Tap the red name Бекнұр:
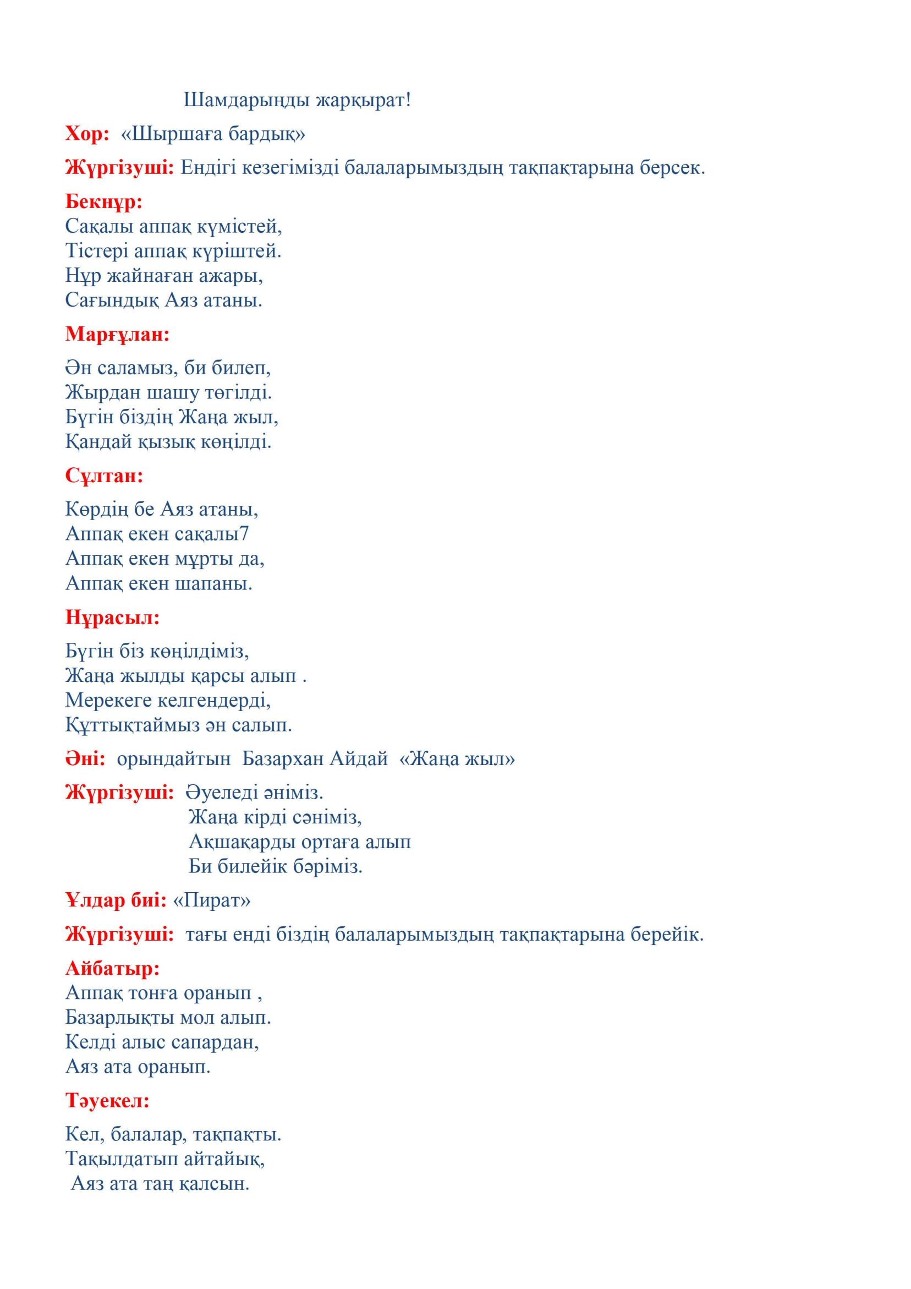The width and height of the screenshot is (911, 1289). pyautogui.click(x=104, y=201)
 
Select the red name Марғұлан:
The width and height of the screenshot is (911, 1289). pyautogui.click(x=117, y=335)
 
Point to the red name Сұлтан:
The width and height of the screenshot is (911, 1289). pyautogui.click(x=105, y=476)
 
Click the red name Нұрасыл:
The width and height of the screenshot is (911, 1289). pyautogui.click(x=113, y=618)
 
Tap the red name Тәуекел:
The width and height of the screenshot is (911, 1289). pyautogui.click(x=108, y=1101)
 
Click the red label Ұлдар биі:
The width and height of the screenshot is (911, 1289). pyautogui.click(x=116, y=900)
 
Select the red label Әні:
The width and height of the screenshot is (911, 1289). pyautogui.click(x=85, y=759)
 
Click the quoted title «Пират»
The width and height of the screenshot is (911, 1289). pyautogui.click(x=212, y=900)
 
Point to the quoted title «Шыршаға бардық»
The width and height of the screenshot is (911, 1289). pyautogui.click(x=213, y=134)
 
